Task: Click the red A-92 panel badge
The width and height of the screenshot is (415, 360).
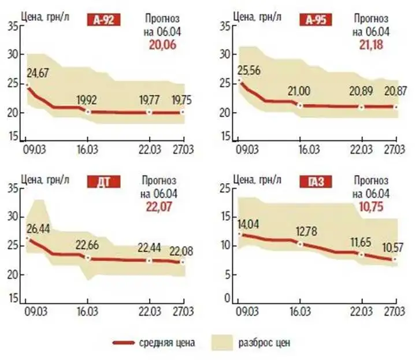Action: pyautogui.click(x=103, y=21)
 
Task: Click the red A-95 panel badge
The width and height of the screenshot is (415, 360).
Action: pyautogui.click(x=314, y=21)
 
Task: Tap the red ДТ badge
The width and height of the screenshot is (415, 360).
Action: pyautogui.click(x=103, y=183)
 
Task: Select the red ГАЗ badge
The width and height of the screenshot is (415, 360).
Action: pyautogui.click(x=314, y=183)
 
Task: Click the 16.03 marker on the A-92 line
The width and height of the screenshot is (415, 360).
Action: pyautogui.click(x=87, y=111)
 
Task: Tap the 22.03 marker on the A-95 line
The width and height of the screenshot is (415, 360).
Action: pyautogui.click(x=362, y=107)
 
